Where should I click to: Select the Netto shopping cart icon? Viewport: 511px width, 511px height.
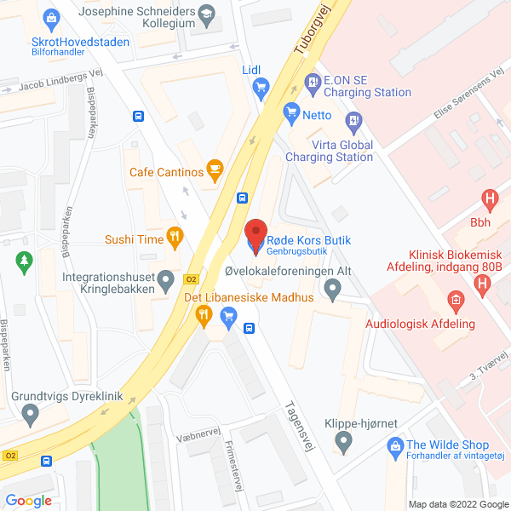(x=291, y=110)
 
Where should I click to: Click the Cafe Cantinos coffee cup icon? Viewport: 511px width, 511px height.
(x=215, y=172)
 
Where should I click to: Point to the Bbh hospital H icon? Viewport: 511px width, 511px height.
(x=489, y=201)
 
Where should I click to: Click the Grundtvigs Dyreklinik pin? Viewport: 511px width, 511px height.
(x=32, y=415)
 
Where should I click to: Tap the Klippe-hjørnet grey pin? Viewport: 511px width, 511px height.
(x=343, y=440)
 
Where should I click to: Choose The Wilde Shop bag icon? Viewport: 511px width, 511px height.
(x=395, y=445)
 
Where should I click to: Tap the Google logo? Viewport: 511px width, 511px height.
(x=28, y=501)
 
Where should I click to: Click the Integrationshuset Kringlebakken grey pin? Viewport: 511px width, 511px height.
(x=167, y=278)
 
